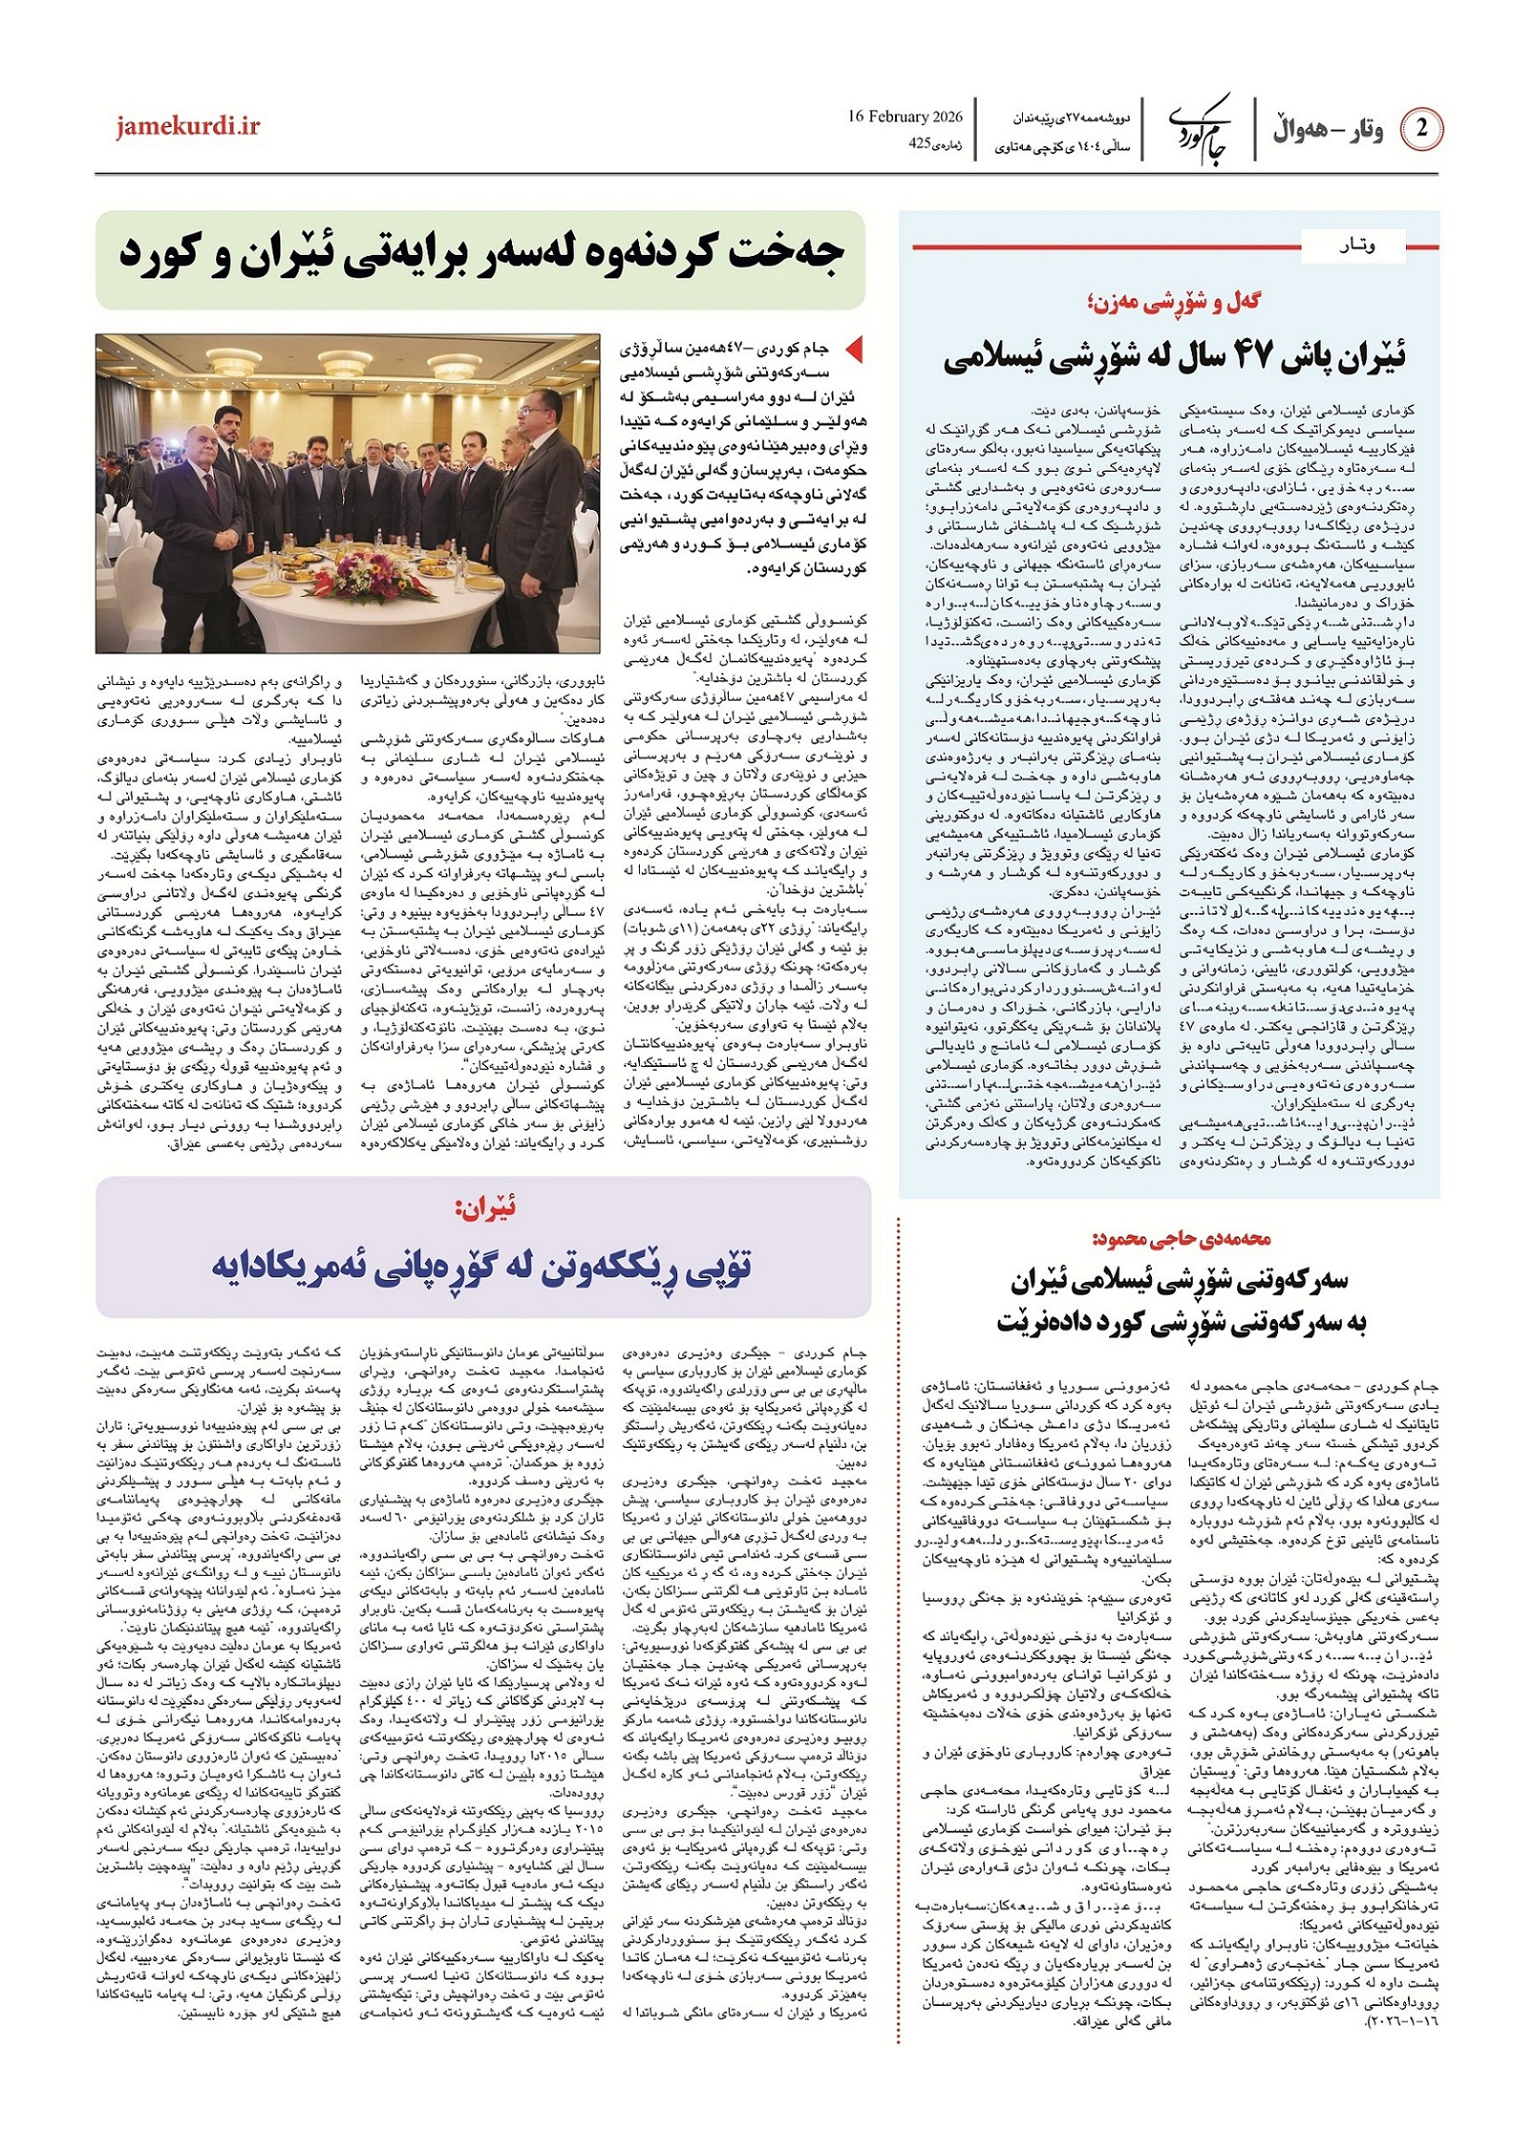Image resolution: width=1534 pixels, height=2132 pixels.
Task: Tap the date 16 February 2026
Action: pyautogui.click(x=905, y=117)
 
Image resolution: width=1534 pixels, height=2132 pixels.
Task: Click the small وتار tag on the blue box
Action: pyautogui.click(x=1353, y=247)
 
